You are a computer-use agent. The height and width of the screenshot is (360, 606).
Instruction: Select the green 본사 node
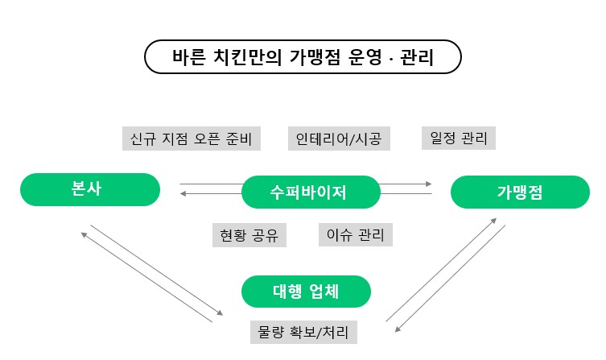pyautogui.click(x=90, y=189)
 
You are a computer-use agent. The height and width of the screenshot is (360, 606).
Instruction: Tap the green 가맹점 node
pyautogui.click(x=519, y=192)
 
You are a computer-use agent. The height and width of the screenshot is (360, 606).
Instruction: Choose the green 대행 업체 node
pyautogui.click(x=306, y=292)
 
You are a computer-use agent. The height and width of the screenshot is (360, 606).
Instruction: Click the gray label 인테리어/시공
pyautogui.click(x=339, y=139)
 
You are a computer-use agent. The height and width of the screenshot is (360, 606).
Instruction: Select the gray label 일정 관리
pyautogui.click(x=459, y=138)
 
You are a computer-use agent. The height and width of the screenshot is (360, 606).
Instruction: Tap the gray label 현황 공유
pyautogui.click(x=249, y=235)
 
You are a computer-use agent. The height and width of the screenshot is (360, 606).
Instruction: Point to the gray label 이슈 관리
pyautogui.click(x=355, y=235)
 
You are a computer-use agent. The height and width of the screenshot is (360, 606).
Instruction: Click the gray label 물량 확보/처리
pyautogui.click(x=303, y=332)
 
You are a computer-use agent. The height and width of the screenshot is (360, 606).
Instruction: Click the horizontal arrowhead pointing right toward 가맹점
pyautogui.click(x=428, y=184)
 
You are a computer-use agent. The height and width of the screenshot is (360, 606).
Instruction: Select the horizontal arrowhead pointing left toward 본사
pyautogui.click(x=183, y=193)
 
